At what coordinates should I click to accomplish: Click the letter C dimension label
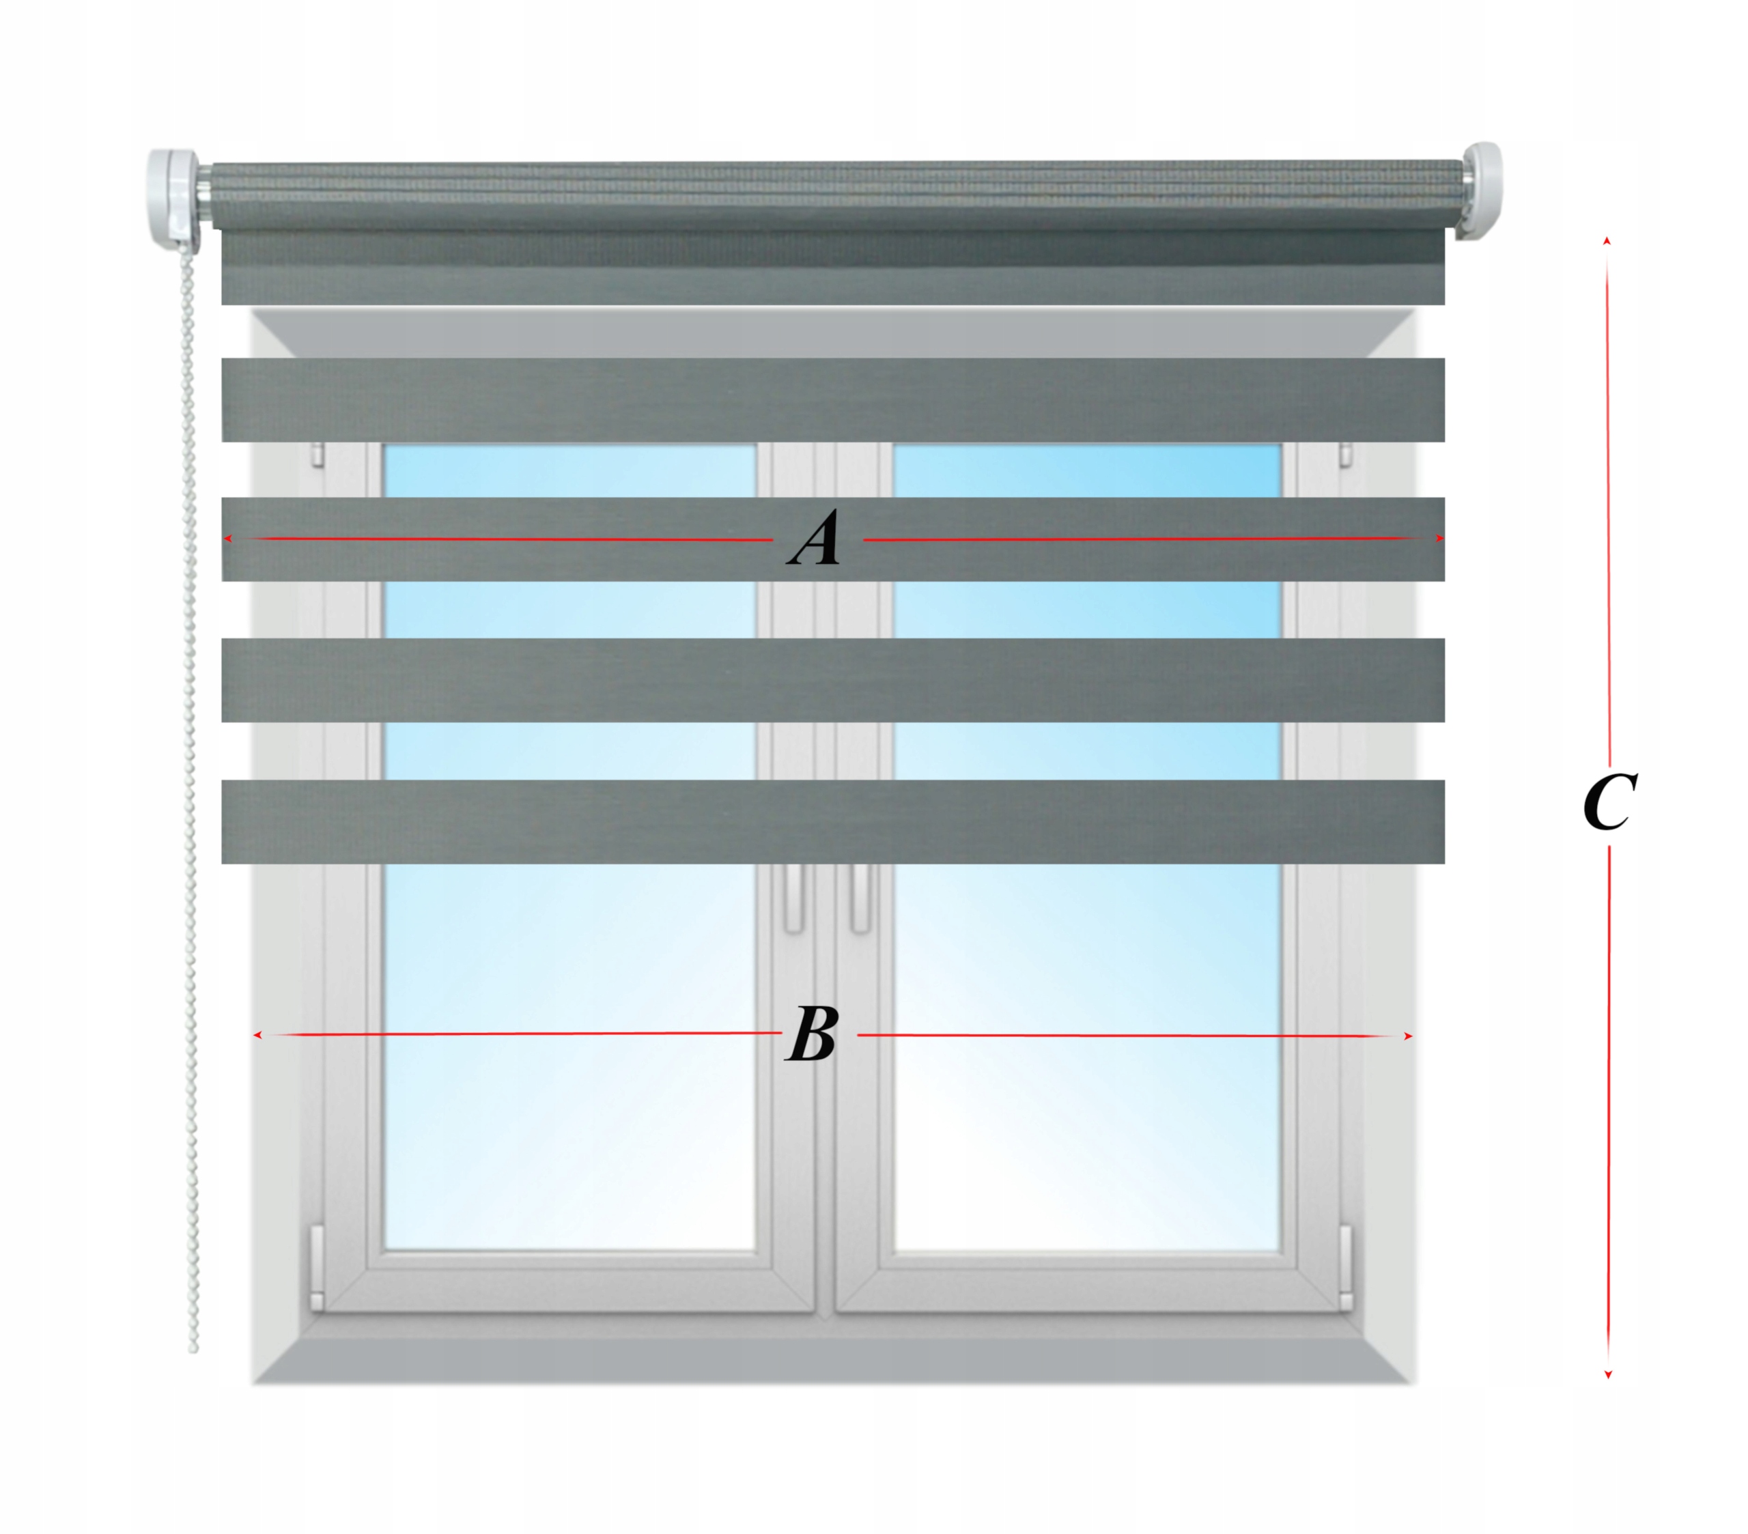(1609, 801)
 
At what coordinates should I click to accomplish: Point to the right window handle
(860, 898)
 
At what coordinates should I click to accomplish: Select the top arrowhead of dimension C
(1607, 242)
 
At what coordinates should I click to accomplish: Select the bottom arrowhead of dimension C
(1608, 1398)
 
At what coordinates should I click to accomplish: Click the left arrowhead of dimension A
(227, 539)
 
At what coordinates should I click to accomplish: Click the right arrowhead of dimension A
(1439, 539)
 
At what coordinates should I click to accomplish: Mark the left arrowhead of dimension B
(257, 1036)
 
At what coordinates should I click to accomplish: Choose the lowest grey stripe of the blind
(832, 822)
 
